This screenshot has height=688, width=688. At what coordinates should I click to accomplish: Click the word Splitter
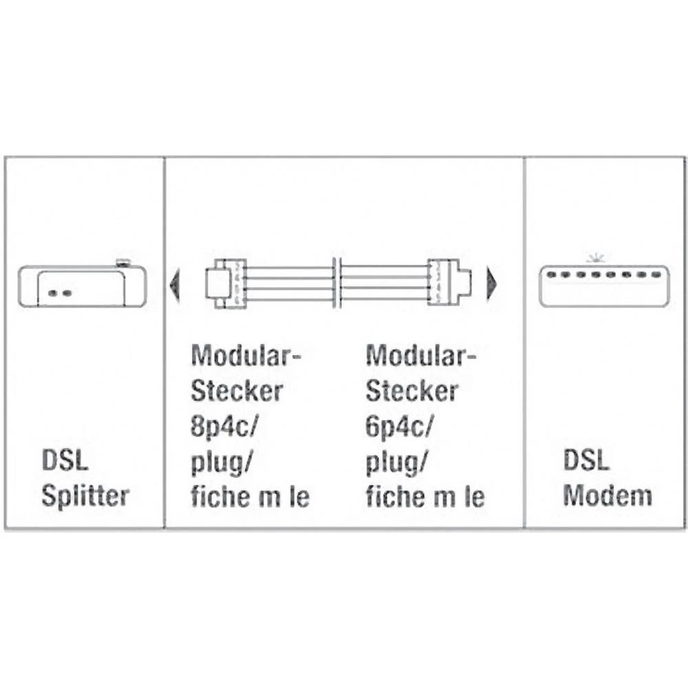(x=85, y=496)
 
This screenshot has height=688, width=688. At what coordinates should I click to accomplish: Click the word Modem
(x=608, y=496)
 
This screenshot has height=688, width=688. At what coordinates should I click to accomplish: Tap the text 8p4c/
(x=223, y=427)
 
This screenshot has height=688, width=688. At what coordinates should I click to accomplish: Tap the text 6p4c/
(x=398, y=427)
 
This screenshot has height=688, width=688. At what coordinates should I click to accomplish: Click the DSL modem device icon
(x=603, y=286)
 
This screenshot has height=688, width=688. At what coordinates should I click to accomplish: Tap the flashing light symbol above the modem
(x=594, y=259)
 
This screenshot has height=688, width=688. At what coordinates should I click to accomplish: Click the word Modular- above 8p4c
(x=247, y=357)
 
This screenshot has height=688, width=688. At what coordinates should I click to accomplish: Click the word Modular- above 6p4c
(x=421, y=357)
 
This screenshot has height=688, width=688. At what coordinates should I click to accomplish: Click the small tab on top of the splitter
(x=123, y=261)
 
